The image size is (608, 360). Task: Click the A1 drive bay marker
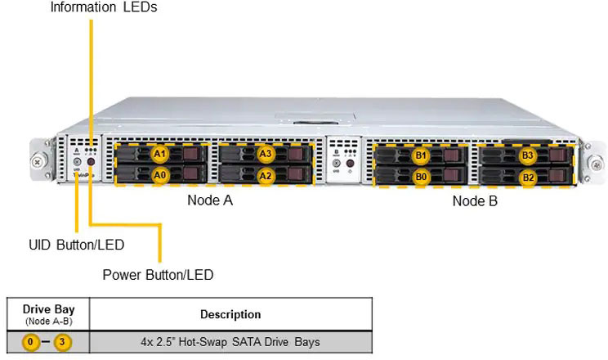(160, 153)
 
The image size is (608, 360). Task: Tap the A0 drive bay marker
(160, 174)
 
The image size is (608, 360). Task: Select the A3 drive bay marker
(266, 153)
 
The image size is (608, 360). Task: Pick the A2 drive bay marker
(266, 174)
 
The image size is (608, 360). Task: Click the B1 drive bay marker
(421, 155)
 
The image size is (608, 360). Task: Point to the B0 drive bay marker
(421, 176)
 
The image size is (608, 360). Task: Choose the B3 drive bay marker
(528, 155)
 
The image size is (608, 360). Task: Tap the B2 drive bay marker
(528, 177)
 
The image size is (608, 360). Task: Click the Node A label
(210, 200)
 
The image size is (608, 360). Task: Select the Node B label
(475, 201)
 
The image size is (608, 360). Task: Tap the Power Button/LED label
(158, 275)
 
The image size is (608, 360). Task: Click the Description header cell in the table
(230, 314)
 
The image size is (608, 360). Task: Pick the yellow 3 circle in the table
(61, 341)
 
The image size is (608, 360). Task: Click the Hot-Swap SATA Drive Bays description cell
(230, 341)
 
